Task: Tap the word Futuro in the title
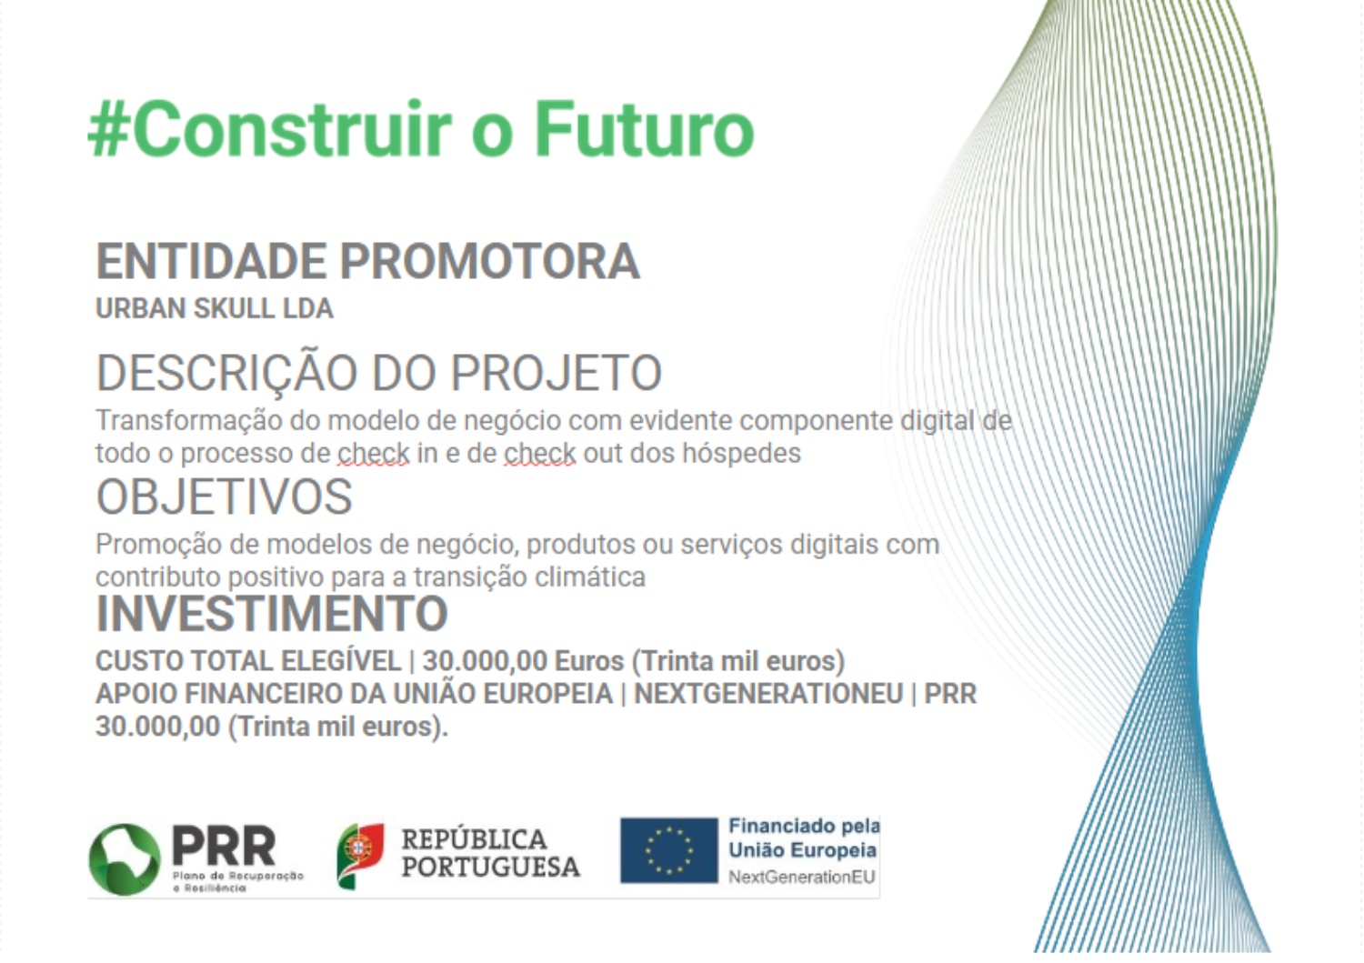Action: (x=644, y=128)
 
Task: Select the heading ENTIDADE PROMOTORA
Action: (x=367, y=261)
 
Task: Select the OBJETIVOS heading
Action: (x=224, y=497)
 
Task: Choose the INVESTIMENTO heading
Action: (x=272, y=614)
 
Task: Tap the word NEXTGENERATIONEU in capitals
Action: (x=768, y=694)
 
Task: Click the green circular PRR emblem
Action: (x=125, y=859)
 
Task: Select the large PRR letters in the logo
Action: (x=224, y=846)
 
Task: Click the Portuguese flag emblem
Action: (x=360, y=856)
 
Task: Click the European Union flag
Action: (x=668, y=851)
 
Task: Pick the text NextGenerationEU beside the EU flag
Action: (x=802, y=878)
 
